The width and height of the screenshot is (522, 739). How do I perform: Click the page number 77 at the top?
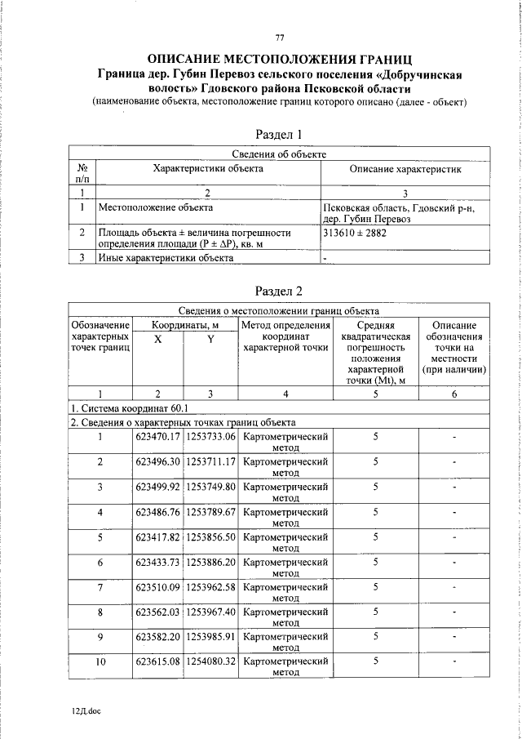279,38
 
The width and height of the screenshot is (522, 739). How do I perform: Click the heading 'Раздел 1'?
279,135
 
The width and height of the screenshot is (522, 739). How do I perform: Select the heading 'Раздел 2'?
279,291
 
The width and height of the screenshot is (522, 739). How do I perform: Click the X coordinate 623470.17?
157,437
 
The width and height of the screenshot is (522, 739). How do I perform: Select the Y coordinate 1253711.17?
210,461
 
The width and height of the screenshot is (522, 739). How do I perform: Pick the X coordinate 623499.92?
157,487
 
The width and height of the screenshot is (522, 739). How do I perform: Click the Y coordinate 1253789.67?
210,512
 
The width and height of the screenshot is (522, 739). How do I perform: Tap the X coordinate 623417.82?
157,536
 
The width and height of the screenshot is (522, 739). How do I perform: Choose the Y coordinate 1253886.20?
210,562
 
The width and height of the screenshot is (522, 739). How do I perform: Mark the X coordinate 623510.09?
157,587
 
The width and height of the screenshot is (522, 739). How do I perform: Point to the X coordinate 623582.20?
157,637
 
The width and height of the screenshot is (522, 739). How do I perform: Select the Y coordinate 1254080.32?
210,661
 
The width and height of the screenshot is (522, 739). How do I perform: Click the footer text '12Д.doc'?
86,711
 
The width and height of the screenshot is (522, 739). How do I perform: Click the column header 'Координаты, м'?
184,324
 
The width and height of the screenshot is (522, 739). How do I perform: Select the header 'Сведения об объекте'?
279,154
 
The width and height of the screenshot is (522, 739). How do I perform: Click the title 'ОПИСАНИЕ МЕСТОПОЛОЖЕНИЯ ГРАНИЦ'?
279,60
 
